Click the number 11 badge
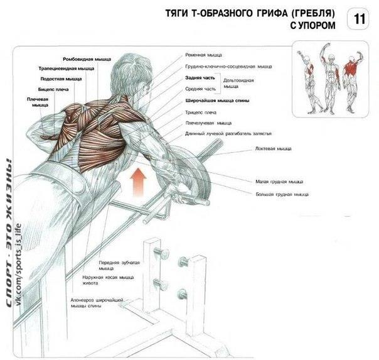358,19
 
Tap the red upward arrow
138,181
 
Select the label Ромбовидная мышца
87,59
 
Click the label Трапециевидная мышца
67,68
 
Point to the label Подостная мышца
61,79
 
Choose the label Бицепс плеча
53,89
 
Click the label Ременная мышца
203,55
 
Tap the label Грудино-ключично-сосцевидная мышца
228,67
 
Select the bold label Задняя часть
200,78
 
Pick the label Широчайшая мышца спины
217,101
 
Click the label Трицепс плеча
201,112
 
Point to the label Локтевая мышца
274,148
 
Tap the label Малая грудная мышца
279,182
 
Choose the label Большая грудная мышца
282,194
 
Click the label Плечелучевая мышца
208,123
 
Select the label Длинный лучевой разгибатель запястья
228,134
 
